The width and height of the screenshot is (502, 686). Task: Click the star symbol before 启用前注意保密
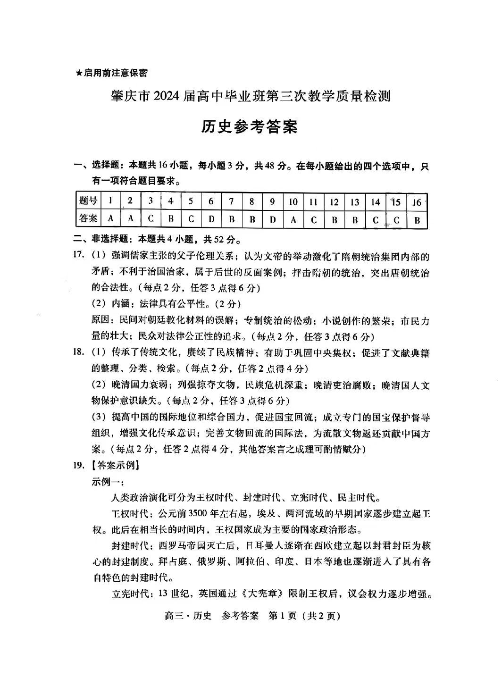click(x=79, y=73)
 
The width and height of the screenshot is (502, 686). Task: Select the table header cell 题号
click(x=88, y=201)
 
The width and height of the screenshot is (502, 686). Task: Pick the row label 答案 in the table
click(x=88, y=218)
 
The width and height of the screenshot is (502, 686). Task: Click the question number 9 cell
click(x=272, y=201)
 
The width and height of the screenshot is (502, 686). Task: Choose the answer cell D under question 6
click(x=211, y=219)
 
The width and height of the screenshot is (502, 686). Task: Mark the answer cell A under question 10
click(x=293, y=219)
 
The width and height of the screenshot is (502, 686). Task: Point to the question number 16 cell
click(x=417, y=202)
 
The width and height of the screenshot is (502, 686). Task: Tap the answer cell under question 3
click(x=150, y=219)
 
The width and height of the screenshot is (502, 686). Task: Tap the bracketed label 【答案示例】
click(x=114, y=465)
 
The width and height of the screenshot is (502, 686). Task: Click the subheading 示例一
click(x=108, y=482)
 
